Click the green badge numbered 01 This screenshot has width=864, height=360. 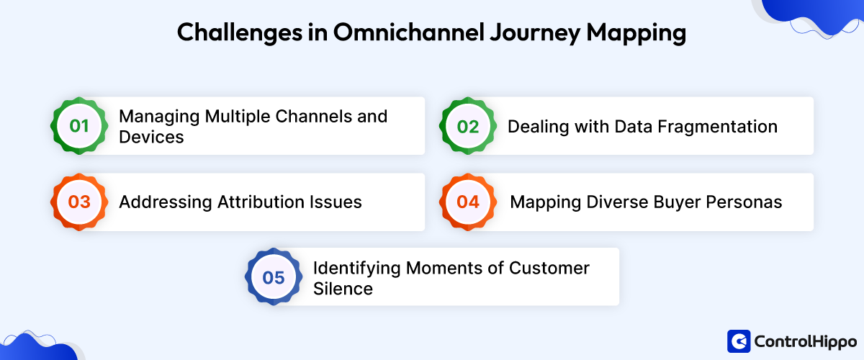point(79,126)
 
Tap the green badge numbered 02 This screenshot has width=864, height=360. point(468,126)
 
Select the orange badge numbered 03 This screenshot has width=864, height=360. point(79,202)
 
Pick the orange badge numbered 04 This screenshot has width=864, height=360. point(468,202)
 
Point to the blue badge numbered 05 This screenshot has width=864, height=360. point(274,277)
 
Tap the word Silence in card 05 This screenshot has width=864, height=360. point(343,289)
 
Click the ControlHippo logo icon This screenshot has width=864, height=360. point(739,341)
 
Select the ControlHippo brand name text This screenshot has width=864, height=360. point(804,341)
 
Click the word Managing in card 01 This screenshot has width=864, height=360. point(156,116)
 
